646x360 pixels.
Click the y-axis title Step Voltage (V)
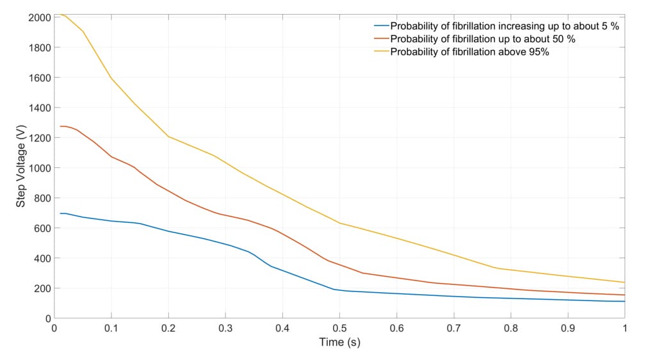(20, 167)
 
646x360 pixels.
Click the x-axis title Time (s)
(339, 342)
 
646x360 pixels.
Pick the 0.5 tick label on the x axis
(339, 327)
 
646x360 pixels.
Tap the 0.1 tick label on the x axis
(111, 327)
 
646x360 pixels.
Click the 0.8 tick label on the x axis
(510, 327)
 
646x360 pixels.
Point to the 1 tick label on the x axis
(624, 327)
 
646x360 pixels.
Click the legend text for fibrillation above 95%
(469, 52)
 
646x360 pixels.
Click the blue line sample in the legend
(381, 26)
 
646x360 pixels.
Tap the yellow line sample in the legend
(381, 52)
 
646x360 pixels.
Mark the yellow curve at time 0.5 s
(339, 223)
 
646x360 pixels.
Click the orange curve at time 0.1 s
(111, 157)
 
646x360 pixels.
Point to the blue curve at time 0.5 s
(339, 291)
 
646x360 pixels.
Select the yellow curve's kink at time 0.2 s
(168, 136)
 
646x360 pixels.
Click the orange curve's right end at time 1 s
(624, 295)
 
